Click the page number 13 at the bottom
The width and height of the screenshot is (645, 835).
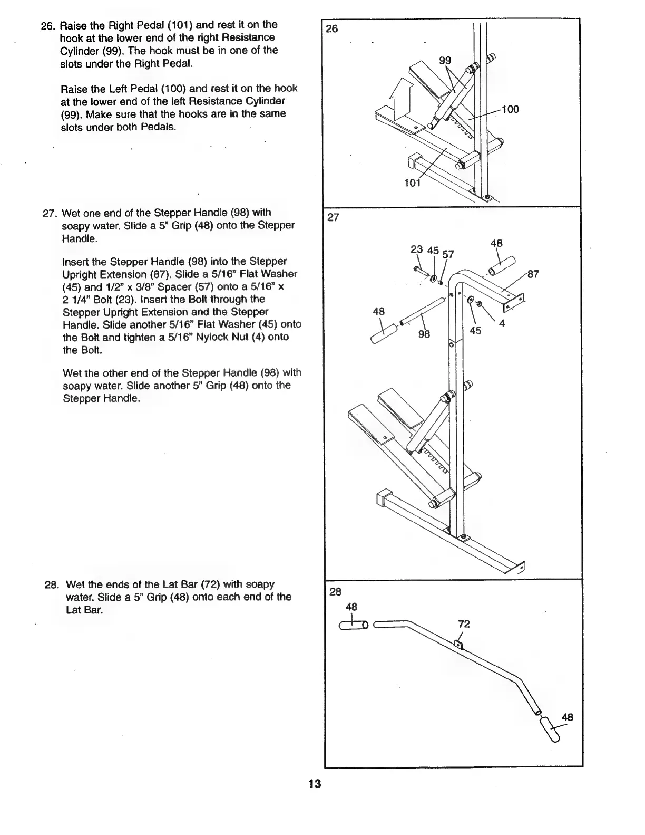pos(315,784)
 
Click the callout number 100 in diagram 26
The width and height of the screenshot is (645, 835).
pos(510,109)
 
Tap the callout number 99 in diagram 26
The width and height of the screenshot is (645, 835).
pos(446,61)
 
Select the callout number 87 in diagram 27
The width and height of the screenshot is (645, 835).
pos(533,274)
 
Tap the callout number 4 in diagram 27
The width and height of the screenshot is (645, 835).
pos(502,323)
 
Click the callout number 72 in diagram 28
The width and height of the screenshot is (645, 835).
pos(464,624)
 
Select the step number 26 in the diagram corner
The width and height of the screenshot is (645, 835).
pos(332,28)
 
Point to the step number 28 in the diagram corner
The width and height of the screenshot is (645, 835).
pos(335,592)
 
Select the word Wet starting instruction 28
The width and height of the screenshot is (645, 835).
pos(74,584)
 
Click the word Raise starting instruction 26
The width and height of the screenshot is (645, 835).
pos(72,25)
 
